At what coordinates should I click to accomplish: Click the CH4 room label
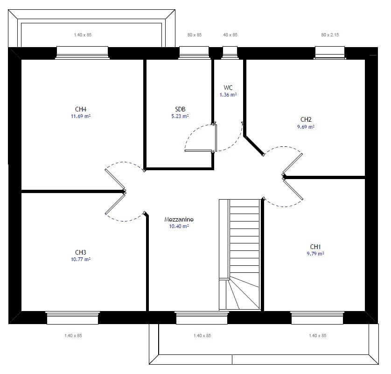pyautogui.click(x=81, y=110)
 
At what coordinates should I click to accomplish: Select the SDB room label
pyautogui.click(x=180, y=110)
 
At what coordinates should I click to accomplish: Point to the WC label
pyautogui.click(x=228, y=88)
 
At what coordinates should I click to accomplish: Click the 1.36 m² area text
pyautogui.click(x=228, y=95)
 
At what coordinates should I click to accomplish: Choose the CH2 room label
pyautogui.click(x=306, y=119)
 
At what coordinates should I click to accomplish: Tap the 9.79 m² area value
pyautogui.click(x=316, y=254)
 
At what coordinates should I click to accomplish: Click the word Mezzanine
pyautogui.click(x=179, y=219)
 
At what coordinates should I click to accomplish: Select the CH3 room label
pyautogui.click(x=81, y=253)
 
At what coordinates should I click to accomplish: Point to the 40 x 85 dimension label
pyautogui.click(x=230, y=35)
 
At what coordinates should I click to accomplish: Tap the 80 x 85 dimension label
pyautogui.click(x=195, y=35)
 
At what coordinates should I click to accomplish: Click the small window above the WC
pyautogui.click(x=230, y=52)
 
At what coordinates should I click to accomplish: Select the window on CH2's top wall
pyautogui.click(x=329, y=52)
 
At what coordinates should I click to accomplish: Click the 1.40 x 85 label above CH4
pyautogui.click(x=83, y=35)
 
